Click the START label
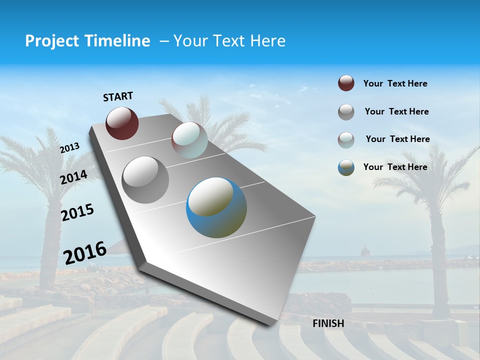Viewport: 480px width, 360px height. click(118, 96)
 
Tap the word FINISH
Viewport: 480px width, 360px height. click(328, 323)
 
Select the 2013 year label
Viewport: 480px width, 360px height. click(69, 147)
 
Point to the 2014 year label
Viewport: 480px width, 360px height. click(73, 177)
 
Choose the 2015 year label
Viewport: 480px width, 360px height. click(77, 212)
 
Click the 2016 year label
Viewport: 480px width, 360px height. click(85, 252)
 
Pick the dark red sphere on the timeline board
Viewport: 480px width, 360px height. click(122, 123)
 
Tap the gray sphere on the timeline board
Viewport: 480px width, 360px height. click(145, 179)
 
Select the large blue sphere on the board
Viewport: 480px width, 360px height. click(216, 207)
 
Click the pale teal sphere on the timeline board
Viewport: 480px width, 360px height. click(189, 140)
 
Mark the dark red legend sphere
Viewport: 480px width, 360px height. click(346, 83)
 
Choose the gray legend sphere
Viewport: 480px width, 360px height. click(346, 112)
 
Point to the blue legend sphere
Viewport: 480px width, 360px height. click(346, 167)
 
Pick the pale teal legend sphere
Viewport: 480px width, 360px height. click(346, 140)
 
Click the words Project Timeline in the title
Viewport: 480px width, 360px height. click(87, 41)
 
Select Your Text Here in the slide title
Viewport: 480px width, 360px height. click(229, 41)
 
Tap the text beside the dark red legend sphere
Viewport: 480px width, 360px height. click(395, 83)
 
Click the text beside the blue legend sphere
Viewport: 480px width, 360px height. click(395, 167)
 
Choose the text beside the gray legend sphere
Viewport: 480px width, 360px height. click(396, 111)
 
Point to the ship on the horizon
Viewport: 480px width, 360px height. click(365, 249)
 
